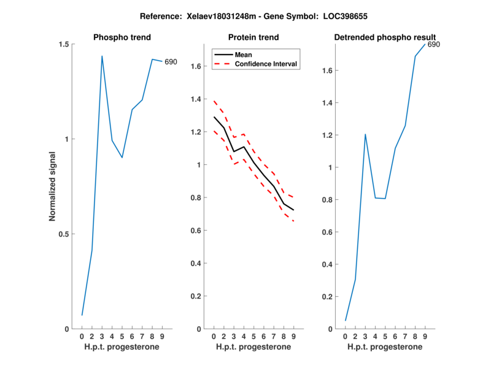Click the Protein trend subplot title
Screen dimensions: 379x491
pyautogui.click(x=253, y=37)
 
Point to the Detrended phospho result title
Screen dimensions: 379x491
pyautogui.click(x=385, y=37)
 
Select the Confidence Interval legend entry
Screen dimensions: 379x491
pyautogui.click(x=265, y=64)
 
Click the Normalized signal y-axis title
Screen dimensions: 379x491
pyautogui.click(x=53, y=186)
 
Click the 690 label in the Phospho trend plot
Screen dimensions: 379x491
pyautogui.click(x=171, y=62)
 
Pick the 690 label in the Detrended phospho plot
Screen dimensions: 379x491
pyautogui.click(x=433, y=45)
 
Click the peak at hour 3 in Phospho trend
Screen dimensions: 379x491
pyautogui.click(x=102, y=56)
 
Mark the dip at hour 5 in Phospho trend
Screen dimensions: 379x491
pyautogui.click(x=122, y=158)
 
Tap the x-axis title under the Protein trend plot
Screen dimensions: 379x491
pyautogui.click(x=253, y=347)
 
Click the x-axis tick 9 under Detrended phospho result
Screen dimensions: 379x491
pyautogui.click(x=425, y=336)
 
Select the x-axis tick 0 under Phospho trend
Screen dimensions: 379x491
pyautogui.click(x=82, y=336)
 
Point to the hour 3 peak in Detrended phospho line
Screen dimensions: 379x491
pyautogui.click(x=365, y=134)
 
